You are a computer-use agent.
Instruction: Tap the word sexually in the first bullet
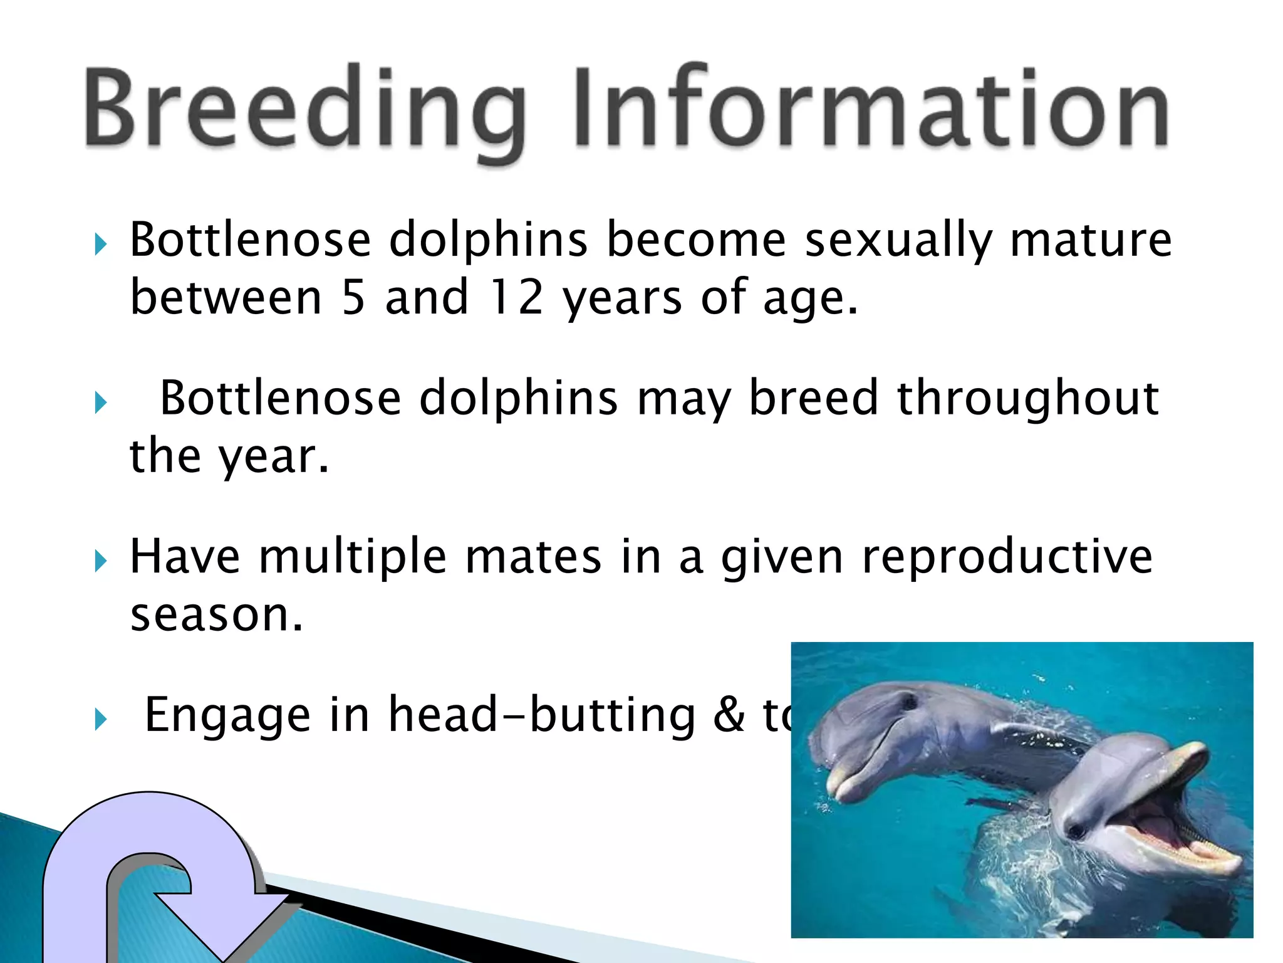click(898, 241)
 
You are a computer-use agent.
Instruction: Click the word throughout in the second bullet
click(1027, 399)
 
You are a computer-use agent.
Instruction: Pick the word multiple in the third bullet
click(353, 557)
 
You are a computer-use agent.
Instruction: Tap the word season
click(216, 616)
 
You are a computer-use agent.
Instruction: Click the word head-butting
click(542, 715)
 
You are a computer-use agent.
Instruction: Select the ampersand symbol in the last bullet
click(729, 715)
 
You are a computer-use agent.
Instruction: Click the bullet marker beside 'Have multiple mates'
click(100, 560)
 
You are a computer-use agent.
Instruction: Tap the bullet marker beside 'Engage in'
click(100, 719)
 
